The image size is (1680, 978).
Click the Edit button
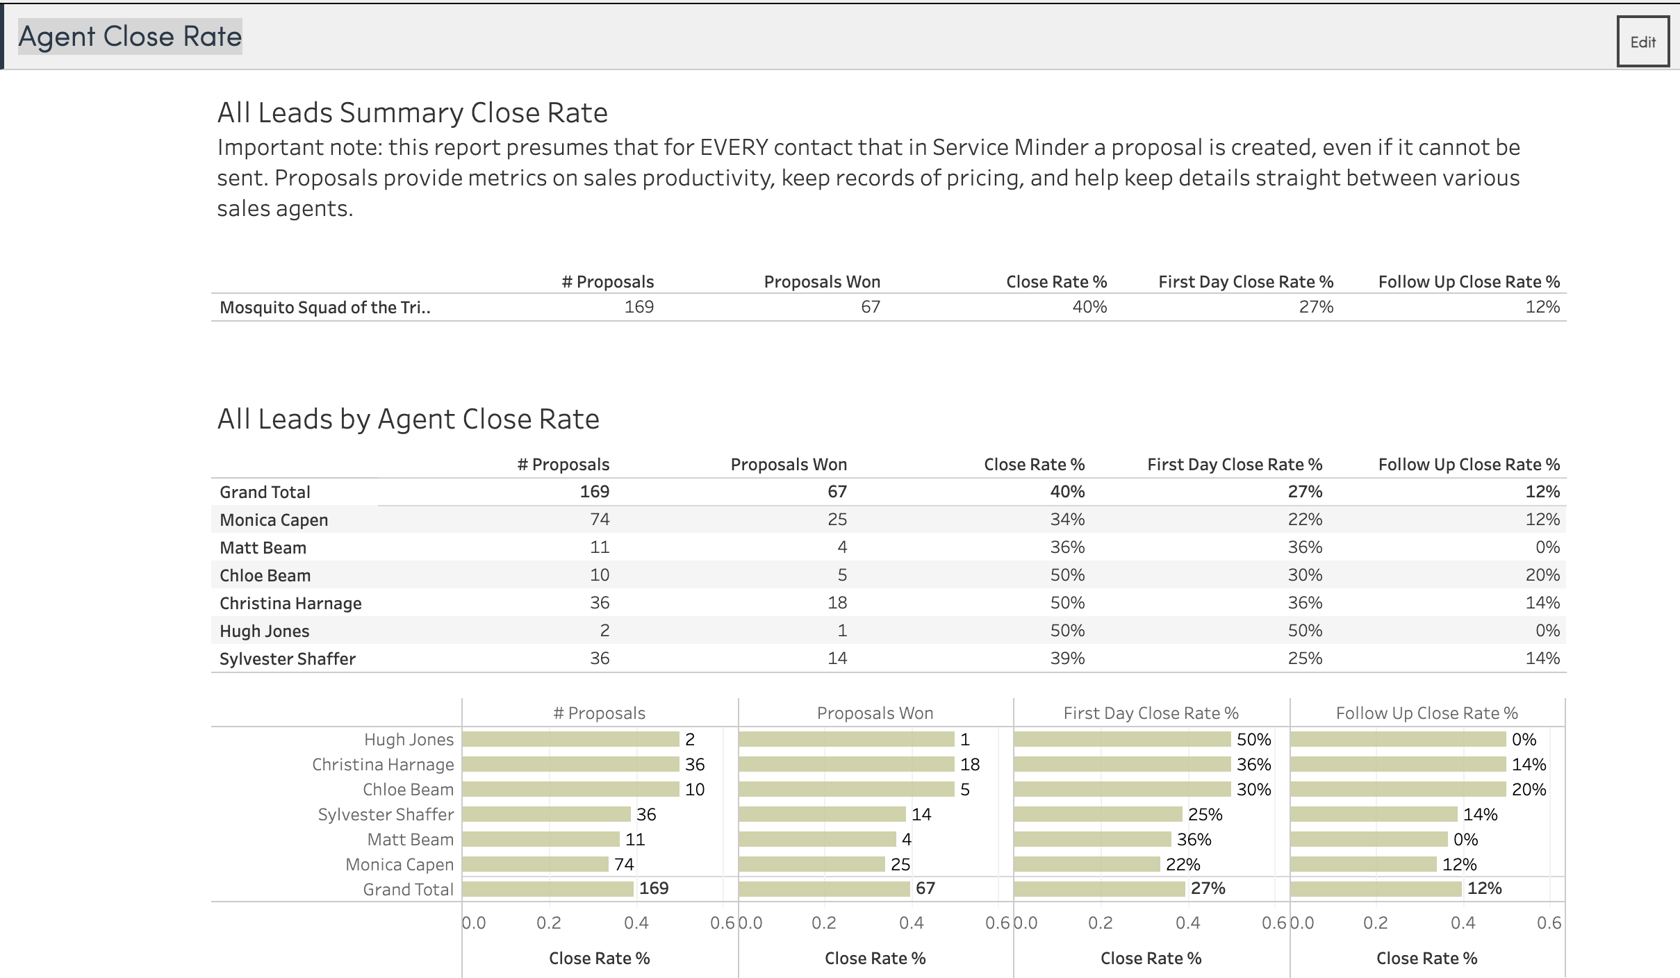pos(1642,42)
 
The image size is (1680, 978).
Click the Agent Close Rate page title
pos(130,37)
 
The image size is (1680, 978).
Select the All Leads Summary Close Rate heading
pos(412,113)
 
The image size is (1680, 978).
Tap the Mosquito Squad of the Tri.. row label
pos(324,308)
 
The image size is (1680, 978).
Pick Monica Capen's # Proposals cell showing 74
pos(600,520)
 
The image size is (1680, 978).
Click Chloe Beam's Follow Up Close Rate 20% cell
pos(1542,575)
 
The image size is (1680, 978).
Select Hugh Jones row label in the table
pos(264,631)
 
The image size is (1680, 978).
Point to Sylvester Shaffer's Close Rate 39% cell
pos(1067,658)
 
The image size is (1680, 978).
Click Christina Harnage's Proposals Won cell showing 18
pos(837,603)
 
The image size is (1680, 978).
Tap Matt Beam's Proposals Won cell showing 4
pos(842,547)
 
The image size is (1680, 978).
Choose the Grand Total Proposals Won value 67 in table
pos(837,492)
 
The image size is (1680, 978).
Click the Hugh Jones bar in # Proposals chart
pos(570,739)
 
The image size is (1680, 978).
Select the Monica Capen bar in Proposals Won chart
pos(812,864)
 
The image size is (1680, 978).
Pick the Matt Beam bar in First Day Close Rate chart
pos(1092,839)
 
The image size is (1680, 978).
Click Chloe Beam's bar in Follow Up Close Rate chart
pos(1398,789)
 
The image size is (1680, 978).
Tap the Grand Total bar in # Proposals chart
pos(547,888)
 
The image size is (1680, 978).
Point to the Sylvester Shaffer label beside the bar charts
pos(386,814)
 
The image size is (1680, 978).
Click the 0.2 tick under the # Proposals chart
pos(549,922)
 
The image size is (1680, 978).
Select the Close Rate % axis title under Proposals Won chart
pos(875,959)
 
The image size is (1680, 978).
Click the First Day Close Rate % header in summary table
pos(1246,282)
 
